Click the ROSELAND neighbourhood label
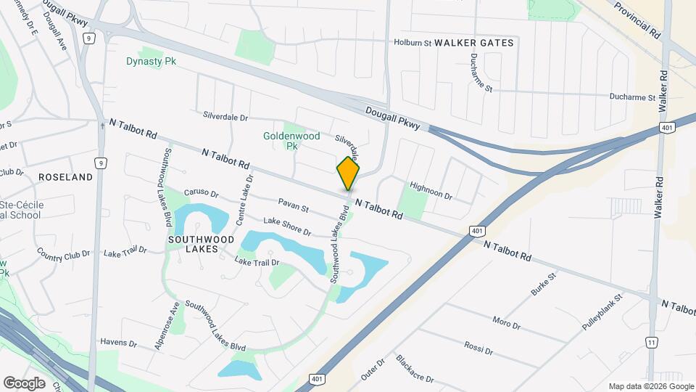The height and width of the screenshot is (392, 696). [x=65, y=177]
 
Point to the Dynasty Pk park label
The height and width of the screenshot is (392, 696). [x=152, y=62]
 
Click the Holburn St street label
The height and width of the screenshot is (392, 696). [x=413, y=43]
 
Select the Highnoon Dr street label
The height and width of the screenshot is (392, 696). [x=431, y=191]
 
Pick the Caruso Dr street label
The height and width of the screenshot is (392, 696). [x=201, y=194]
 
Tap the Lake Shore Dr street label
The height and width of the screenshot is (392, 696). [x=287, y=226]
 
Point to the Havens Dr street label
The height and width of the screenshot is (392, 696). [x=118, y=343]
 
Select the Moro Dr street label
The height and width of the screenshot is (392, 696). [x=506, y=322]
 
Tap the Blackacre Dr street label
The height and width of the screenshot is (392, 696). [x=415, y=369]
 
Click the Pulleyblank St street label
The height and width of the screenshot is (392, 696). [x=602, y=313]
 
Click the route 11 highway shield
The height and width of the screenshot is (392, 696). [x=652, y=342]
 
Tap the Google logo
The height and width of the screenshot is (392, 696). [x=24, y=383]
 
